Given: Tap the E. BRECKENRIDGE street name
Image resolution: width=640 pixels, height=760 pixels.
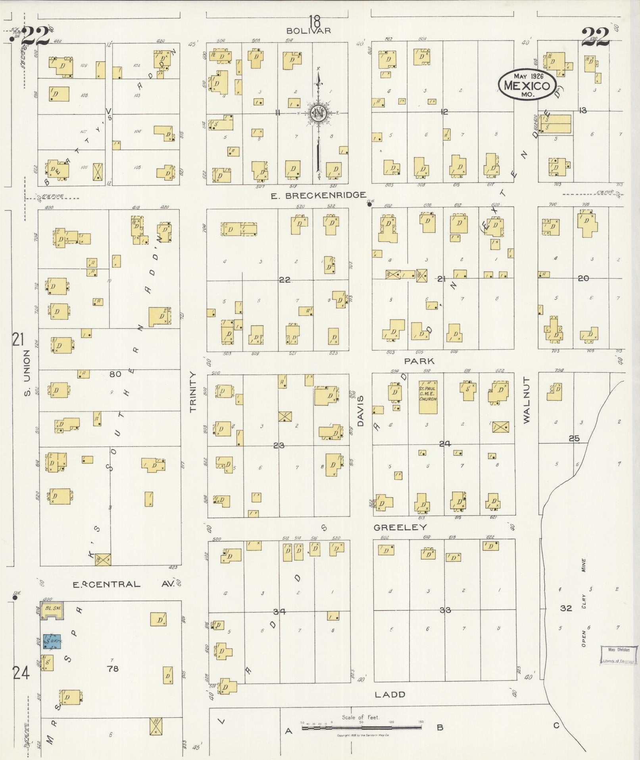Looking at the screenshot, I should click(318, 195).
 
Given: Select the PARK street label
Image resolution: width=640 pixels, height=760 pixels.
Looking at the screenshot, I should click(419, 361).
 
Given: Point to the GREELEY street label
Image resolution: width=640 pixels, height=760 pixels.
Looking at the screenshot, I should click(400, 527).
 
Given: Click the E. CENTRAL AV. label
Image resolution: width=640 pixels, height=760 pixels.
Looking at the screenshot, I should click(124, 584).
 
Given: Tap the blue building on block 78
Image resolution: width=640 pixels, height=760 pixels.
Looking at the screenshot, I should click(52, 641).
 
